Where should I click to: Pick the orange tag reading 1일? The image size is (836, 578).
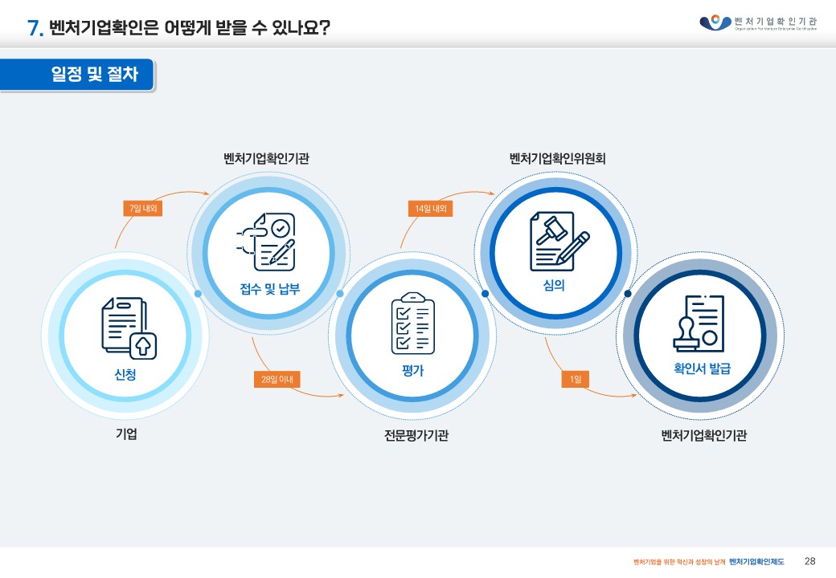point(576,378)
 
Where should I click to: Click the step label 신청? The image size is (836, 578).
point(125,374)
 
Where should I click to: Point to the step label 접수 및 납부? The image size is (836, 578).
point(269,289)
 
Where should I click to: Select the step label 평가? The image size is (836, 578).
point(412,371)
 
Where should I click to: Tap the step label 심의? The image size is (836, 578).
point(554,285)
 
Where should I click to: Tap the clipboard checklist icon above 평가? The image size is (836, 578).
point(412,324)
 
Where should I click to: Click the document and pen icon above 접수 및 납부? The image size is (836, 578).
point(268,242)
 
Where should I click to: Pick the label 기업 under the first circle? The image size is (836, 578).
point(126,435)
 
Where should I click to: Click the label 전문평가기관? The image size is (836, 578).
point(416,436)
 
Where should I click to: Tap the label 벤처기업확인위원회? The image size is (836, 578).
point(557,158)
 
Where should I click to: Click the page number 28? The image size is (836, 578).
point(809,560)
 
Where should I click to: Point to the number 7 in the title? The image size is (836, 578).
point(34,28)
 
